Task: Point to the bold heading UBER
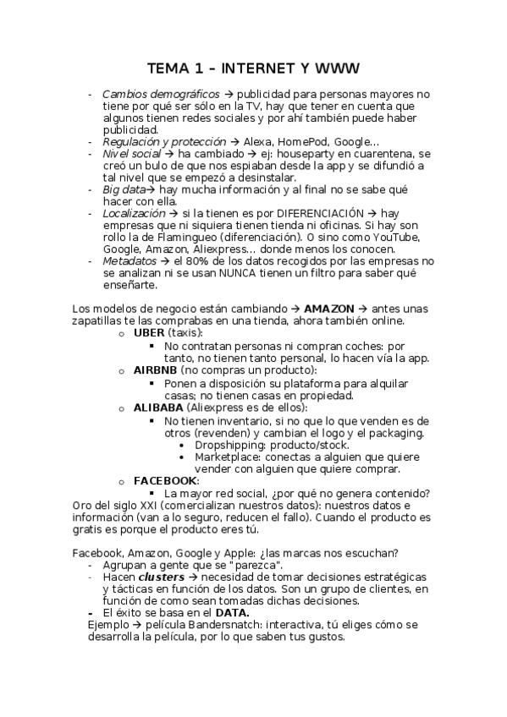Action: (x=149, y=333)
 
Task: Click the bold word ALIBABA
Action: (x=158, y=406)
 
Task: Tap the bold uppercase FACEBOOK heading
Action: (x=166, y=480)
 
